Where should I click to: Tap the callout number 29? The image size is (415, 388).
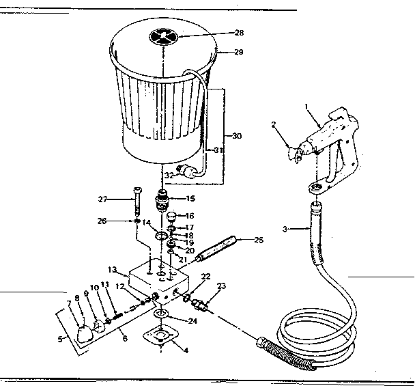coord(239,53)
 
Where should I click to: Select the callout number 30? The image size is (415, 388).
coord(238,136)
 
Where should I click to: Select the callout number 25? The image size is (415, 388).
coord(257,240)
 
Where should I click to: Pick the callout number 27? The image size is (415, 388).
coord(102,199)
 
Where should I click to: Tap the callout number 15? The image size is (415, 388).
coord(190,198)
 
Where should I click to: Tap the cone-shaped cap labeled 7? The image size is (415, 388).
coord(83,333)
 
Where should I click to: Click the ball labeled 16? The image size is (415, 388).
coord(172,217)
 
